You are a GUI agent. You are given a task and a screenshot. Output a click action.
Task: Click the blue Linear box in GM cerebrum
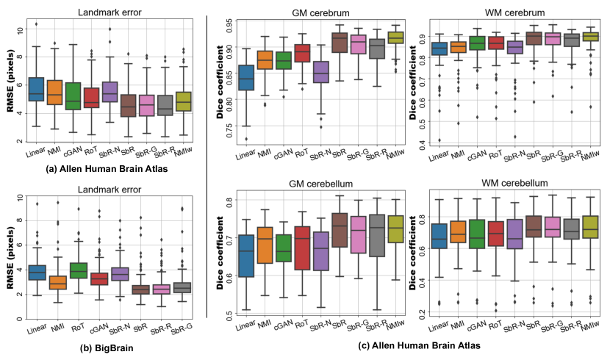246,77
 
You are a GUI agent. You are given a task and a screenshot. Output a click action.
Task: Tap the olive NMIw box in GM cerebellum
395,229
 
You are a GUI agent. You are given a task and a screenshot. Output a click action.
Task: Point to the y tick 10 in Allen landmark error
17,30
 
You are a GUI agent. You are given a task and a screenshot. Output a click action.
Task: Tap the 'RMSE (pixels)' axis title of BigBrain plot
10,250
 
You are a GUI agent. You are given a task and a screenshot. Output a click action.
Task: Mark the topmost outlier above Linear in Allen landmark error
35,24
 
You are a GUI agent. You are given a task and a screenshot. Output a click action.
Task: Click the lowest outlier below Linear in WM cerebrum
439,140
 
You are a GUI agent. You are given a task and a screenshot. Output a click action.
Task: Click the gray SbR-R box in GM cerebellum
377,236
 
